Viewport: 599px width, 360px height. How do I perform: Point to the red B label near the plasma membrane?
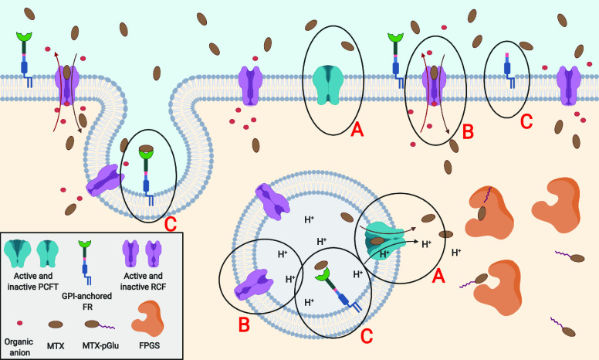pyautogui.click(x=467, y=131)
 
